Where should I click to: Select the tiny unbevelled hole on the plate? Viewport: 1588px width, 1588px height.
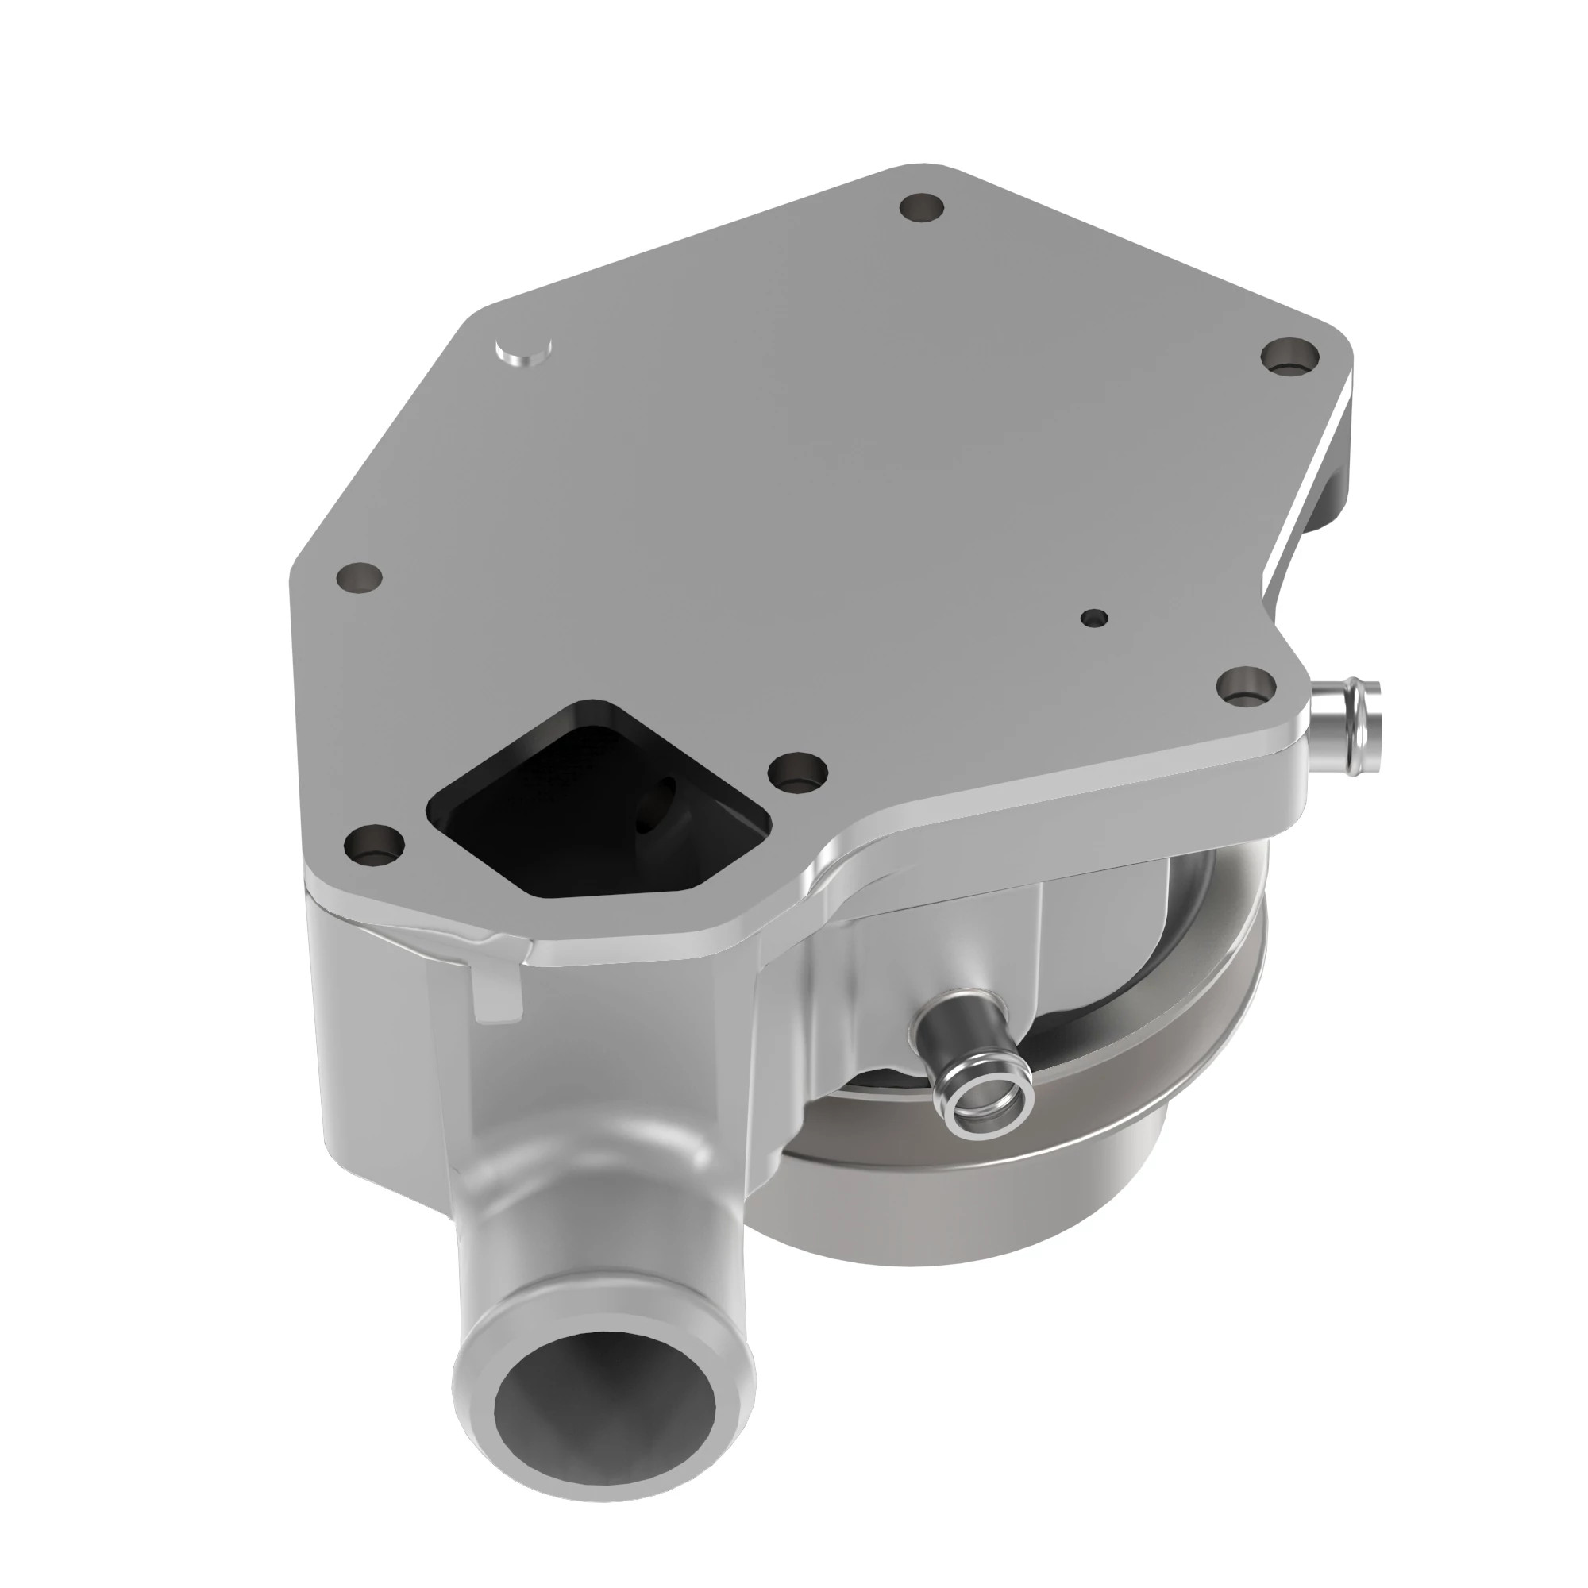coord(1095,617)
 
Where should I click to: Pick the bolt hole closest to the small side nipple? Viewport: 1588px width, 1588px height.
coord(1244,684)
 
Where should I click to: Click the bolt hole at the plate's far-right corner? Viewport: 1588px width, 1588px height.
coord(1289,357)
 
